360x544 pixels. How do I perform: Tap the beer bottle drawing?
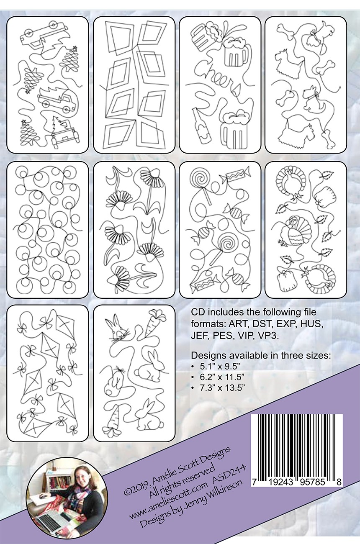(x=201, y=126)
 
